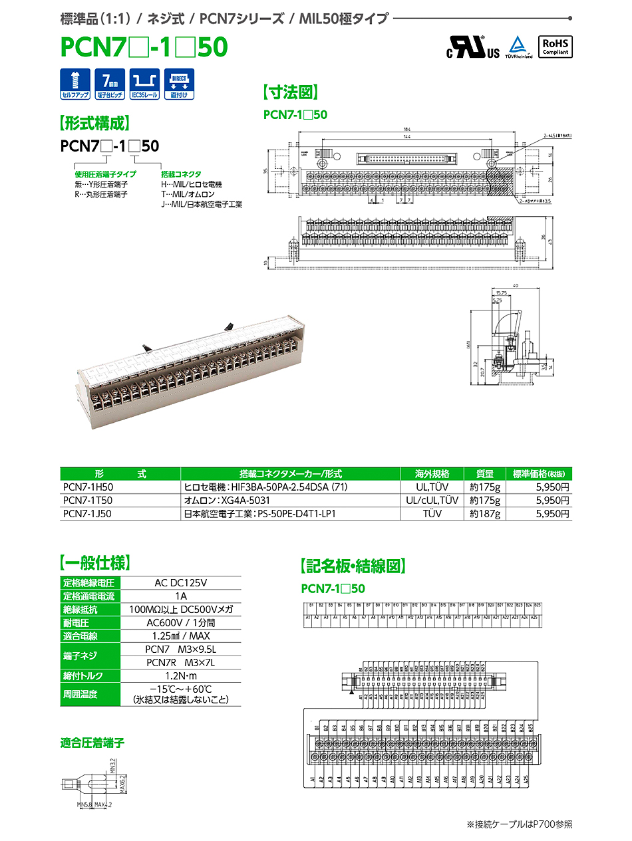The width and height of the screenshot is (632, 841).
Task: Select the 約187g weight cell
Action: tap(484, 514)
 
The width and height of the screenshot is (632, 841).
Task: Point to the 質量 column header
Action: tap(484, 474)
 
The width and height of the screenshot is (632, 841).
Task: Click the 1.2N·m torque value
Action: tap(180, 675)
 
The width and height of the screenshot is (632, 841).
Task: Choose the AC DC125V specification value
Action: tap(180, 583)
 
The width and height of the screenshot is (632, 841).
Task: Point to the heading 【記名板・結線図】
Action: tap(353, 566)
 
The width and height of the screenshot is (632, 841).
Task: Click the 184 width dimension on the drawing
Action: tap(406, 129)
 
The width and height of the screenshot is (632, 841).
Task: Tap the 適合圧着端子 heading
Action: tap(92, 743)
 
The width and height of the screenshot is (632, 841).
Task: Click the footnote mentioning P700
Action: tap(519, 824)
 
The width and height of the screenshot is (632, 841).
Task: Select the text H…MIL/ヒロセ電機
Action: tap(192, 184)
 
